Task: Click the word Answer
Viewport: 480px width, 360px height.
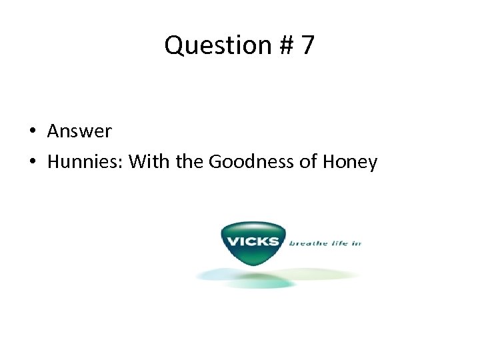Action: [79, 131]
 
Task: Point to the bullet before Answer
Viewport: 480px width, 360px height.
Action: [32, 131]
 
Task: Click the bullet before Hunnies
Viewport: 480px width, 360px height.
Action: [32, 162]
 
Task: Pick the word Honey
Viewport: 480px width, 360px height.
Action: [351, 162]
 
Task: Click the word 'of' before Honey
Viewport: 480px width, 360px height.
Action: [310, 162]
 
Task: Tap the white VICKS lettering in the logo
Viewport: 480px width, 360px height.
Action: [253, 241]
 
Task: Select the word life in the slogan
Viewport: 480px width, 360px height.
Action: [336, 243]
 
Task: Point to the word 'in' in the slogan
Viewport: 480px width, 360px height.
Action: [356, 243]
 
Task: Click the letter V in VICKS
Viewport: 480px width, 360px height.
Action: [233, 241]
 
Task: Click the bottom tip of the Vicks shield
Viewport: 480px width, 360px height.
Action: [253, 265]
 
